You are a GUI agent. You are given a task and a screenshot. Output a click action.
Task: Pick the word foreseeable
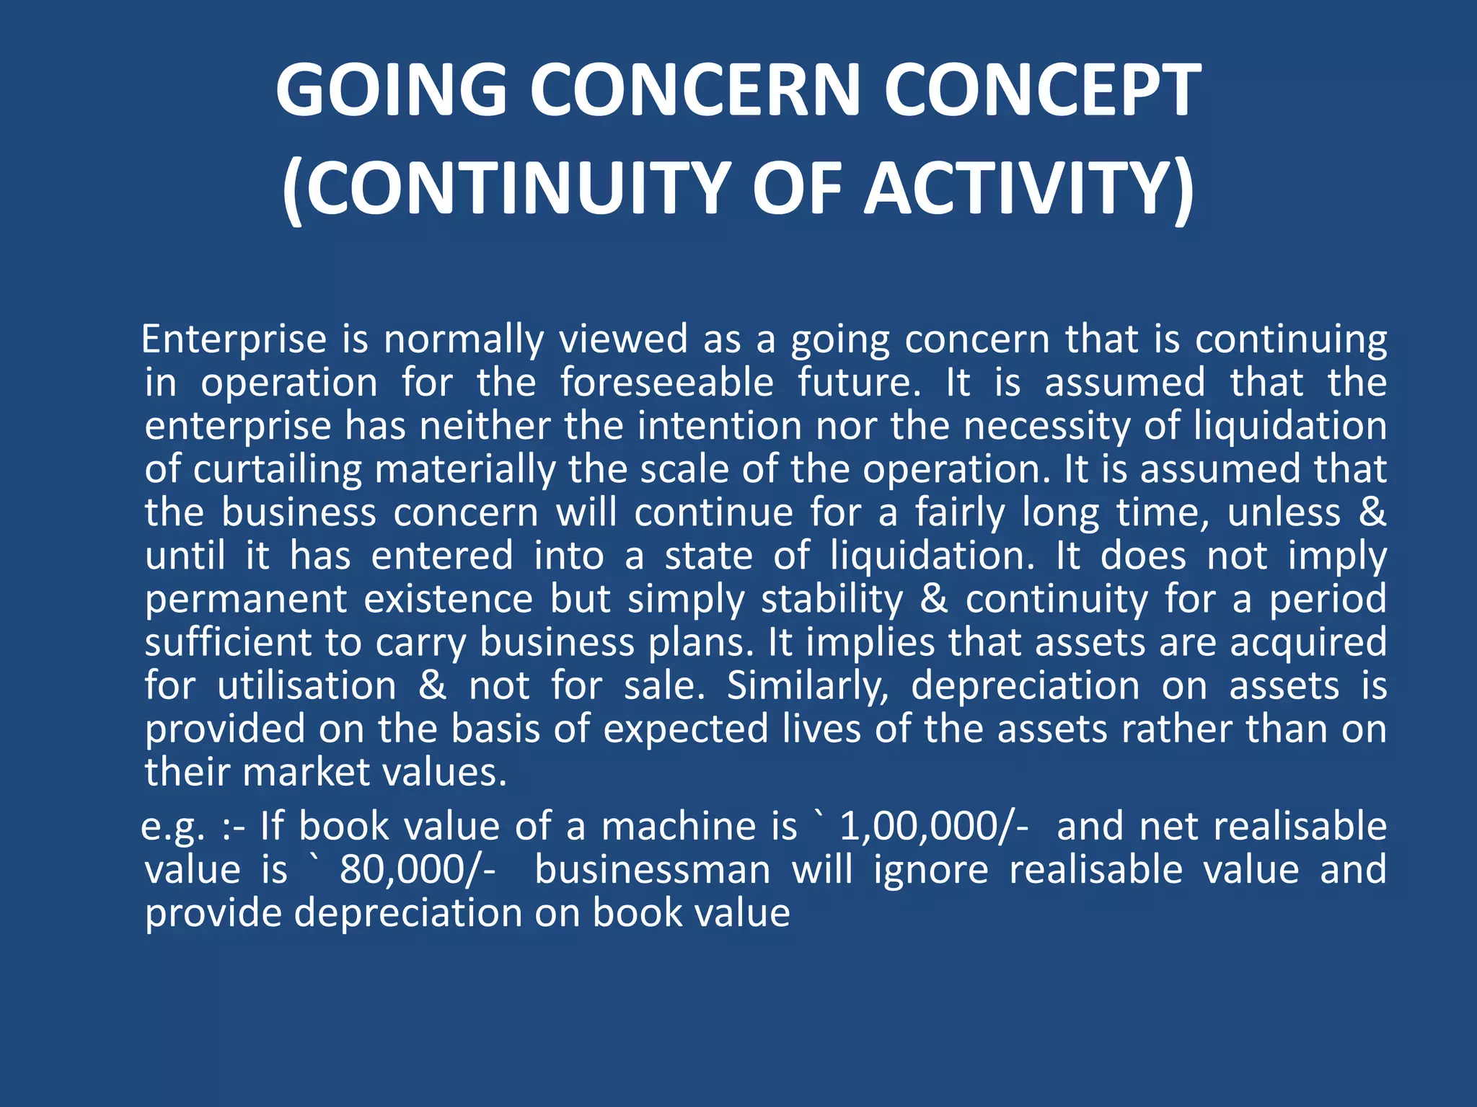(667, 382)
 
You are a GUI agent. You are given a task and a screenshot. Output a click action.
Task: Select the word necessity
(1046, 425)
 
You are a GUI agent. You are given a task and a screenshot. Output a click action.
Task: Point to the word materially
(465, 469)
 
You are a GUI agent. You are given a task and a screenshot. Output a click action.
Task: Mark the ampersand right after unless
(1372, 512)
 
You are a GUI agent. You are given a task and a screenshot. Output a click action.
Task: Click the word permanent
(246, 599)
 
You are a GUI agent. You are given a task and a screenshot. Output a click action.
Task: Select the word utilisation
(307, 685)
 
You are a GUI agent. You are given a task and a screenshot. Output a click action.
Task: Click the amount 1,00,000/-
(935, 827)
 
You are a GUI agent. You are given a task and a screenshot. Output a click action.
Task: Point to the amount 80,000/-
(418, 870)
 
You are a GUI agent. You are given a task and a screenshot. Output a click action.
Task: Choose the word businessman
(653, 870)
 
